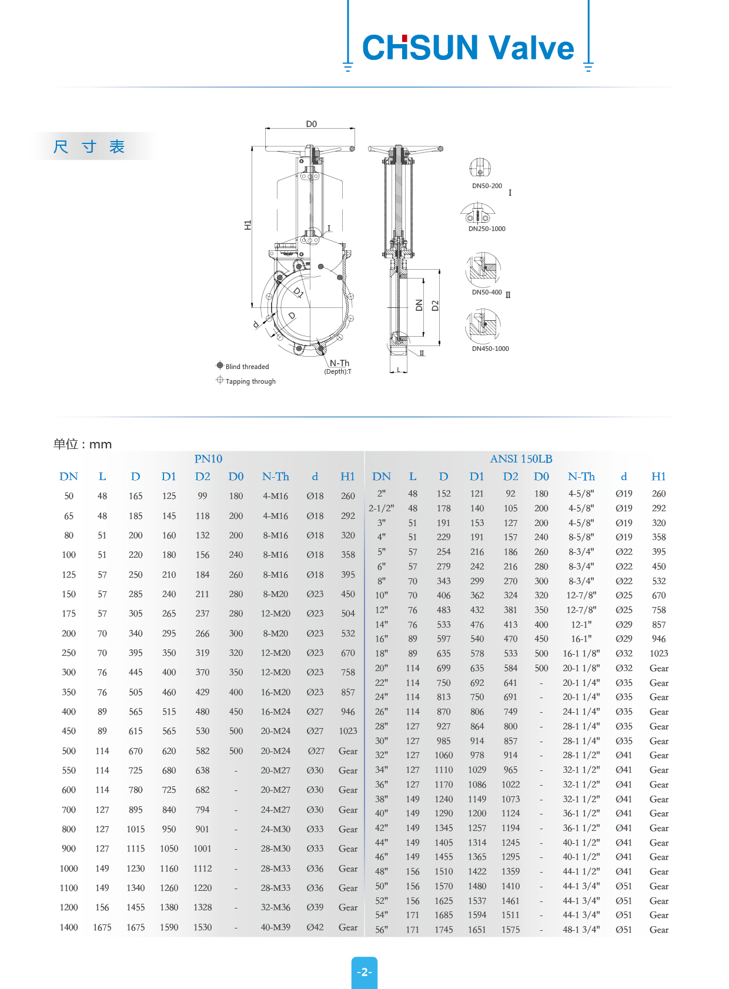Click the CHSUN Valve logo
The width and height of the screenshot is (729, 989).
click(x=468, y=48)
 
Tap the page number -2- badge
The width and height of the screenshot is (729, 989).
click(x=364, y=972)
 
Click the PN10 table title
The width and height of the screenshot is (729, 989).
click(x=208, y=459)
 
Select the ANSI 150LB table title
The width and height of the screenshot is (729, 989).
click(x=521, y=459)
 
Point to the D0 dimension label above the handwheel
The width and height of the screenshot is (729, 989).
click(x=311, y=124)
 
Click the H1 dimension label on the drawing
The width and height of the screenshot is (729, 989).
click(x=248, y=225)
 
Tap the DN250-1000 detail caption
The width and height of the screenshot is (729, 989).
click(x=487, y=229)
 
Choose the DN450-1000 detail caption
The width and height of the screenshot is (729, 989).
click(x=490, y=348)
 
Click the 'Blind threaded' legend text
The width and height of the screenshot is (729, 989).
click(x=247, y=367)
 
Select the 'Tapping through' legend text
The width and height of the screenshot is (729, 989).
click(x=250, y=381)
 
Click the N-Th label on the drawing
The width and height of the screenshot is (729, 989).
click(x=339, y=363)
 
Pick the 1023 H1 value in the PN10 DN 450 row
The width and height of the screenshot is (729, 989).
click(x=348, y=731)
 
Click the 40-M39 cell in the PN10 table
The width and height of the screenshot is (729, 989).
click(x=275, y=927)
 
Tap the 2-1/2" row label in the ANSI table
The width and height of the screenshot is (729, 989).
click(x=382, y=508)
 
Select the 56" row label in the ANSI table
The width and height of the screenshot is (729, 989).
click(x=382, y=930)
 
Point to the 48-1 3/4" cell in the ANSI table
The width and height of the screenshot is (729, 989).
click(x=581, y=930)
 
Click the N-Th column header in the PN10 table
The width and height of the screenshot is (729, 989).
click(x=275, y=477)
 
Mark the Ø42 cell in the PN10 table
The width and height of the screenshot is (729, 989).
click(x=315, y=927)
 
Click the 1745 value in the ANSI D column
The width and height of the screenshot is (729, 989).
click(x=444, y=930)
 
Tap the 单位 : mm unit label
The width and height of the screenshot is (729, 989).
click(x=82, y=444)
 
